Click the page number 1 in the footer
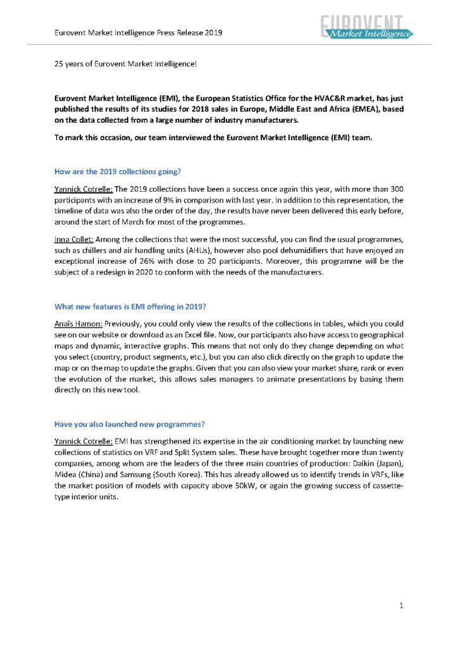coord(401,606)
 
